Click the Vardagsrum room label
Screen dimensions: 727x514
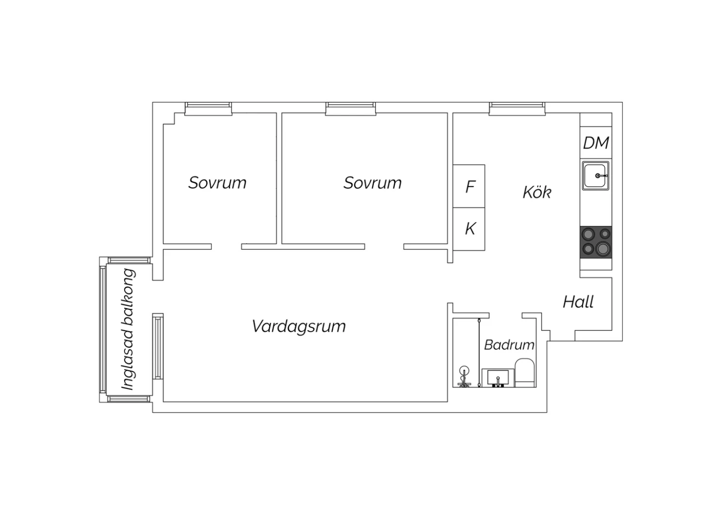click(x=299, y=326)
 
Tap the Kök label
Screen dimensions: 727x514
click(x=537, y=192)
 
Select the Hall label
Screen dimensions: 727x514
click(x=578, y=302)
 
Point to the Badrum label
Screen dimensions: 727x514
click(x=509, y=344)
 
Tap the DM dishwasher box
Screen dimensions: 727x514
click(x=596, y=143)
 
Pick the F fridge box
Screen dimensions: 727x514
click(x=469, y=186)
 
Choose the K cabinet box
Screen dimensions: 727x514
click(x=469, y=229)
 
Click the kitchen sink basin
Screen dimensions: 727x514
click(x=595, y=176)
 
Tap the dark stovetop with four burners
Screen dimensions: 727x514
click(x=596, y=242)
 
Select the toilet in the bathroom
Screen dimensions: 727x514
click(x=524, y=373)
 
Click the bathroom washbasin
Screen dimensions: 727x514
click(x=498, y=378)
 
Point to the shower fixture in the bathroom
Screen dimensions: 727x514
click(x=464, y=377)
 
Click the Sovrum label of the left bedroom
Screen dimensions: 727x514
click(x=218, y=183)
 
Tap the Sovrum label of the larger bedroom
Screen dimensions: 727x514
click(x=373, y=183)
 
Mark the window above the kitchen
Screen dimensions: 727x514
click(x=517, y=109)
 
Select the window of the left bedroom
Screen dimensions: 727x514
click(x=208, y=109)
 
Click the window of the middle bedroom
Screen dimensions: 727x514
click(x=350, y=109)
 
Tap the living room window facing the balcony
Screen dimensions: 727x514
click(x=158, y=346)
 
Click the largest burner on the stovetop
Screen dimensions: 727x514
click(x=603, y=249)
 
